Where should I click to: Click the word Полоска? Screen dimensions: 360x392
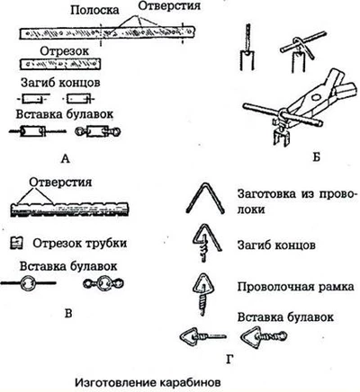point(94,11)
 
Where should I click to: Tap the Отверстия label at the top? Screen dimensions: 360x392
point(169,6)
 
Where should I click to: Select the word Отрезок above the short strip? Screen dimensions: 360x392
point(65,51)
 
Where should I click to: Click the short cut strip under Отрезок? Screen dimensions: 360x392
point(60,65)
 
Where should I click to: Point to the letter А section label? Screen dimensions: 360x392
point(65,158)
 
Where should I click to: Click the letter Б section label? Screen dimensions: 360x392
point(316,156)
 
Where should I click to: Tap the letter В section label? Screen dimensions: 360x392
point(68,313)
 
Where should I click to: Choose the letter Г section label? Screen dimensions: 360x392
point(229,359)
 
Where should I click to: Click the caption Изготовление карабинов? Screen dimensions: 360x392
point(148,382)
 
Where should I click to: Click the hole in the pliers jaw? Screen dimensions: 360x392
point(315,97)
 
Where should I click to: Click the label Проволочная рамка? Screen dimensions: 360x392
point(296,287)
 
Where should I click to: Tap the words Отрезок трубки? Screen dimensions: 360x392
point(79,244)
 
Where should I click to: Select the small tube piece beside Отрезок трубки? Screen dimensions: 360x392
point(16,243)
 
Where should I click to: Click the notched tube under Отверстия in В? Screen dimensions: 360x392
point(70,209)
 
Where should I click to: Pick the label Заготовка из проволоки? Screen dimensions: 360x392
point(297,201)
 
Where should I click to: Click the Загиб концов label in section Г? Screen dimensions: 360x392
point(276,245)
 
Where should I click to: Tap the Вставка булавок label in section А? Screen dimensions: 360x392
point(65,114)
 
